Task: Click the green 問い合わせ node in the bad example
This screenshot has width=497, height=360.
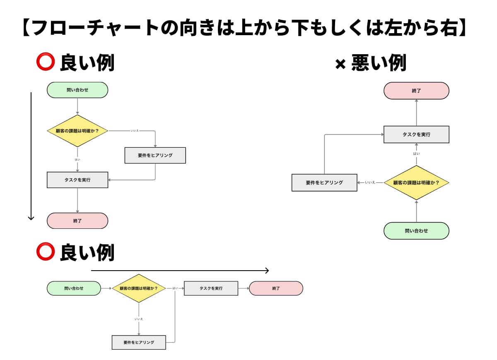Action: [x=416, y=231]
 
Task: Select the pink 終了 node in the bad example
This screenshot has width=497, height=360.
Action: [x=416, y=91]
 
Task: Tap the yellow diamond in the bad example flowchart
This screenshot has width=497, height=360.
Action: [x=416, y=182]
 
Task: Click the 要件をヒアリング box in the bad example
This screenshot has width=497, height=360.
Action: [x=324, y=182]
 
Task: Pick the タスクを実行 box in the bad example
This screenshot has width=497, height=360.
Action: [x=416, y=134]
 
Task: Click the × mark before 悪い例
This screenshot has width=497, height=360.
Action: [x=340, y=65]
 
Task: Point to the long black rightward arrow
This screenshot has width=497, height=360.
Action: [x=180, y=271]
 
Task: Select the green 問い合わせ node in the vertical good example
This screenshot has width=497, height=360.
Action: [x=77, y=90]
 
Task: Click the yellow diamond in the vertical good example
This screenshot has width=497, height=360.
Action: [x=77, y=131]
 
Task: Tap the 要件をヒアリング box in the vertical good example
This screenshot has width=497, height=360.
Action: [x=155, y=155]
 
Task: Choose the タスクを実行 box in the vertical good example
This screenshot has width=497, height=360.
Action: [x=77, y=180]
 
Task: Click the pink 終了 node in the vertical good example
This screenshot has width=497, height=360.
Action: [x=77, y=221]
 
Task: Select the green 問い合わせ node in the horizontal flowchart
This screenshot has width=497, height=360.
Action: [x=74, y=288]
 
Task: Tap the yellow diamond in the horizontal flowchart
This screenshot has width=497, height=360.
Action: [x=139, y=288]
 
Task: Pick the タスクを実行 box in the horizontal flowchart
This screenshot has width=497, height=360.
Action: [x=211, y=288]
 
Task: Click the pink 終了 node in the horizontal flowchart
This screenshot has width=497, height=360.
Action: [x=276, y=288]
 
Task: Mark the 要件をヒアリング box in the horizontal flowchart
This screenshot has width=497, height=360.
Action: [x=139, y=343]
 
